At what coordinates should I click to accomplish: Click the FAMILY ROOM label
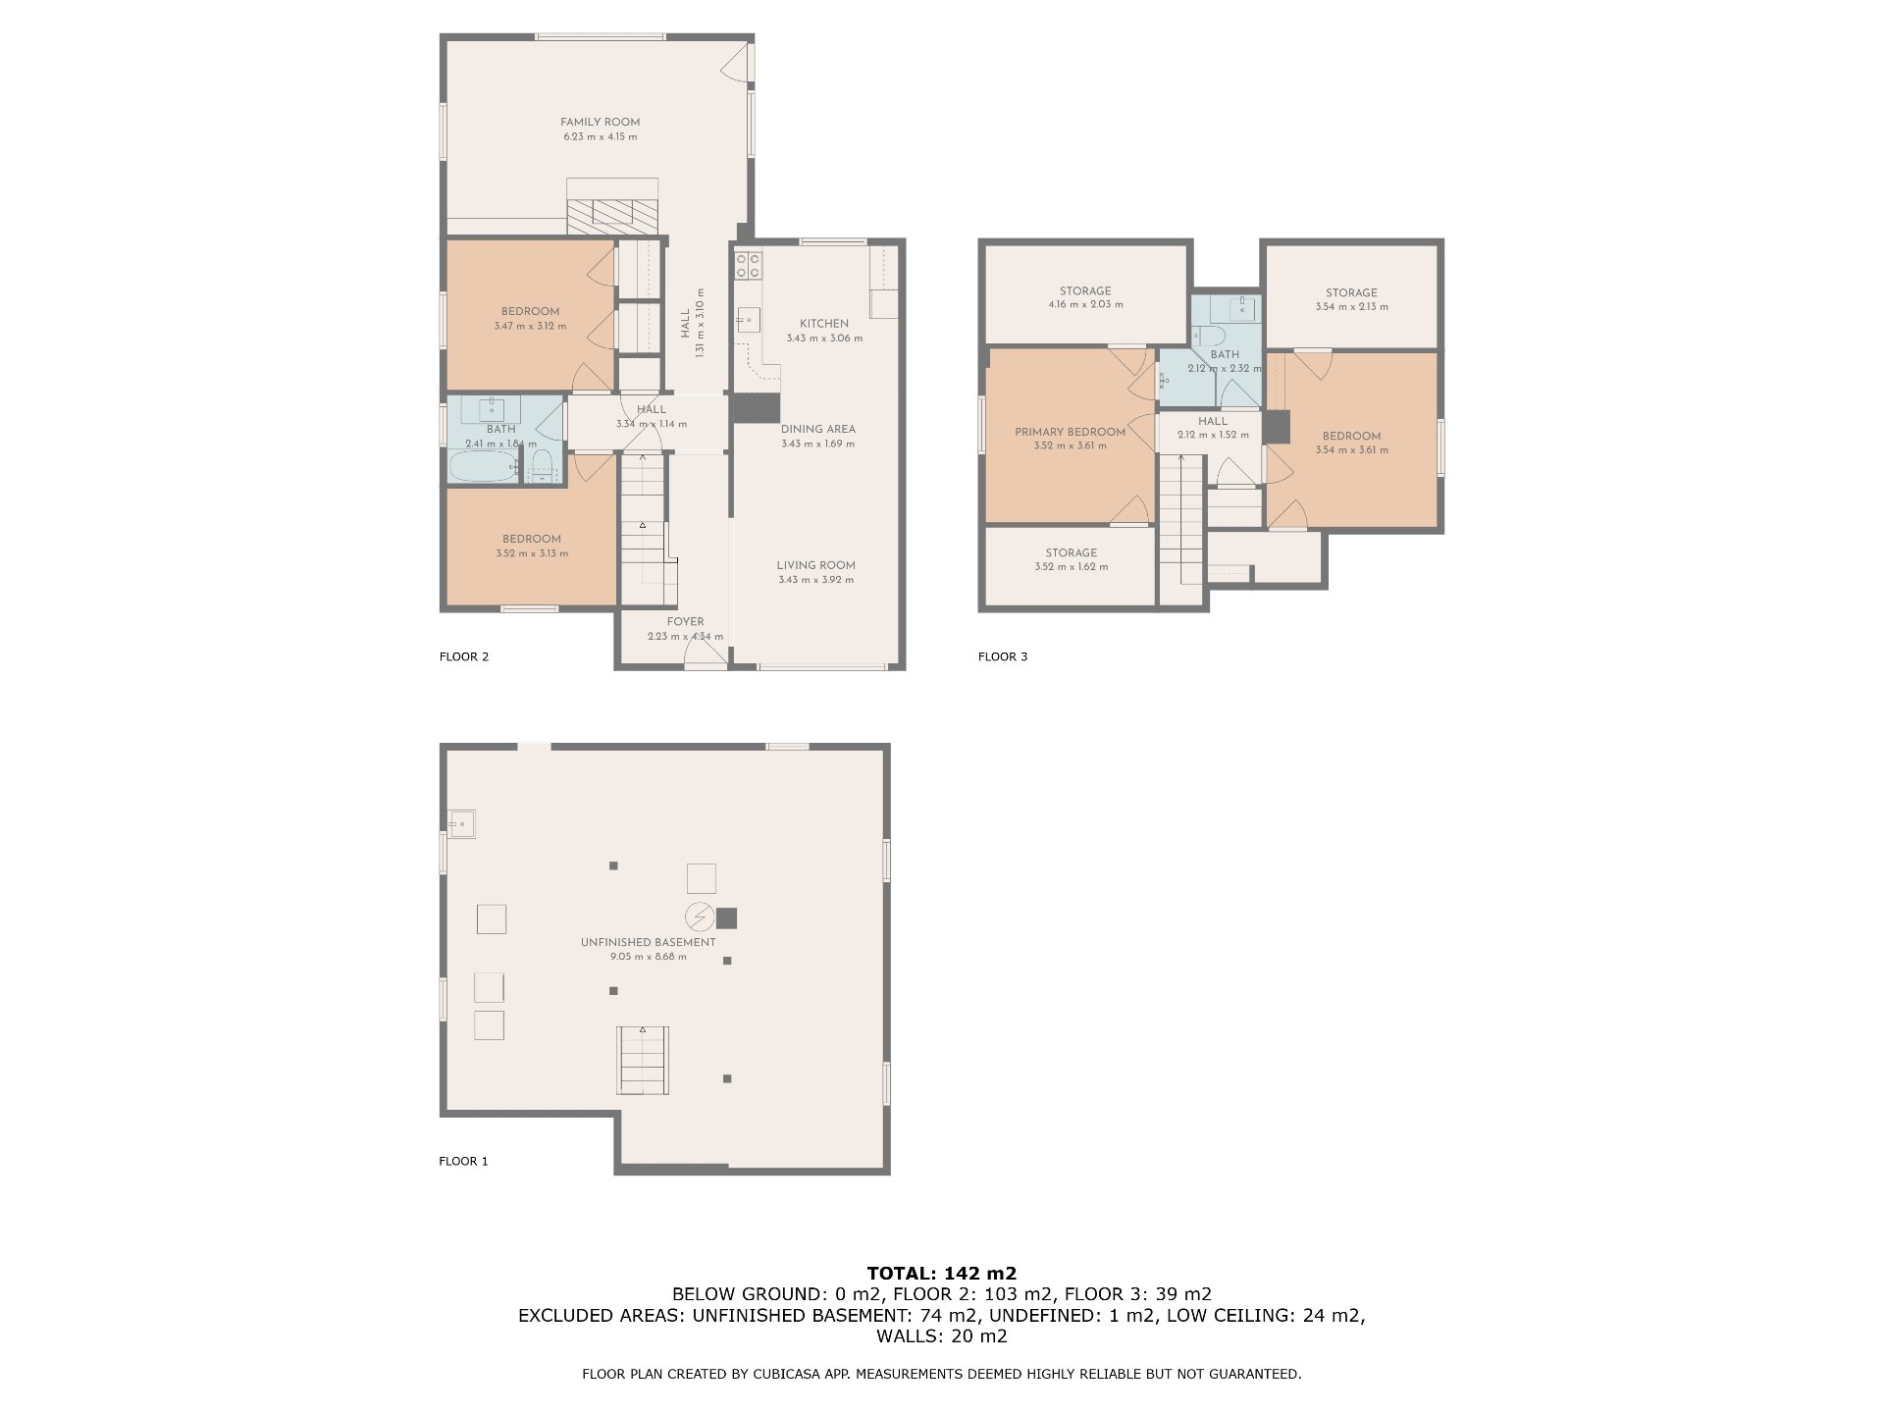(x=600, y=123)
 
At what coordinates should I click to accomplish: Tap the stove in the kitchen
(x=750, y=265)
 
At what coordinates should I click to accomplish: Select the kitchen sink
(x=749, y=320)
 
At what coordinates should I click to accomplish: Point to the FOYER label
(x=685, y=622)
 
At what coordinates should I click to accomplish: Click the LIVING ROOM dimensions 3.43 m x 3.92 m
(x=815, y=580)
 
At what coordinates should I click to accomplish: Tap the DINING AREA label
(x=817, y=429)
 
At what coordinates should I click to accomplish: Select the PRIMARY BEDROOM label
(x=1070, y=432)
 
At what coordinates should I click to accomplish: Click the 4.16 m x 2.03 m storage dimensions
(x=1085, y=305)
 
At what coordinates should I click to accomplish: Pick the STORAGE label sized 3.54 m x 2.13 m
(x=1351, y=292)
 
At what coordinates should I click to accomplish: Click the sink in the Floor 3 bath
(x=1242, y=308)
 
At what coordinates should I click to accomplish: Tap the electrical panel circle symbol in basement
(x=700, y=916)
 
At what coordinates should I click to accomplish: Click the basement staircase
(x=643, y=1060)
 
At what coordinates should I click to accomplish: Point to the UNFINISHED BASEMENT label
(x=648, y=942)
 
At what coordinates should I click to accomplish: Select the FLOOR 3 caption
(x=1002, y=656)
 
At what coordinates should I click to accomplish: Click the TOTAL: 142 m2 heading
(x=941, y=1274)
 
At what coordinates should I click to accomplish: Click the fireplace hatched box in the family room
(x=611, y=213)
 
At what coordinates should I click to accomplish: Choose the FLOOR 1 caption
(x=463, y=1161)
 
